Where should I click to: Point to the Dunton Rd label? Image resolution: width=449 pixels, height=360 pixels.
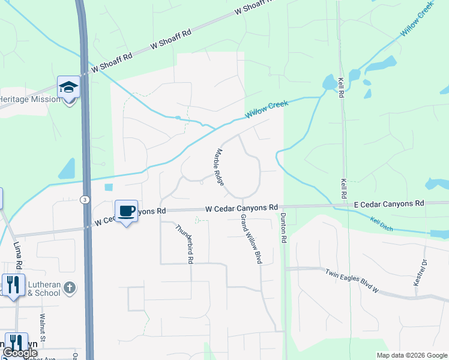tap(284, 226)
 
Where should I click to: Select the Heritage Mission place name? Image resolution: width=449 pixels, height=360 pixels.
tap(30, 99)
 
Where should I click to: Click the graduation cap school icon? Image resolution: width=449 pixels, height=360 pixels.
tap(68, 87)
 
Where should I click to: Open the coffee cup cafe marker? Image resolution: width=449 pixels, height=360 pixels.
tap(126, 211)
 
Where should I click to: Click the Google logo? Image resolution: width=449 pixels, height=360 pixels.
tap(20, 353)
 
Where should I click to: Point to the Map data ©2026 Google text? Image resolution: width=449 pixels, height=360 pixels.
tap(411, 355)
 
